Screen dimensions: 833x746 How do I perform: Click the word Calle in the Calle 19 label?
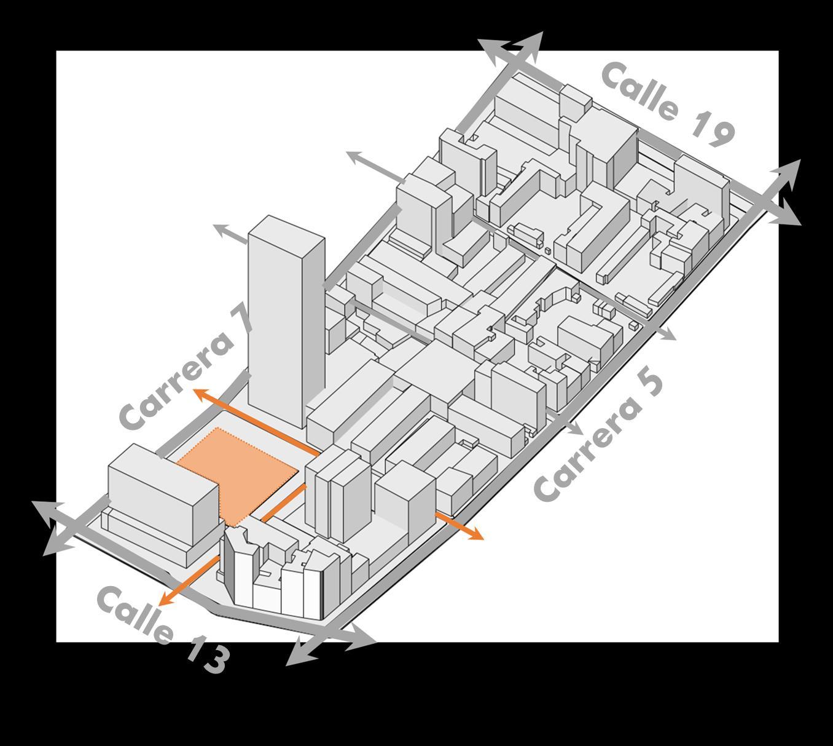pos(641,92)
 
